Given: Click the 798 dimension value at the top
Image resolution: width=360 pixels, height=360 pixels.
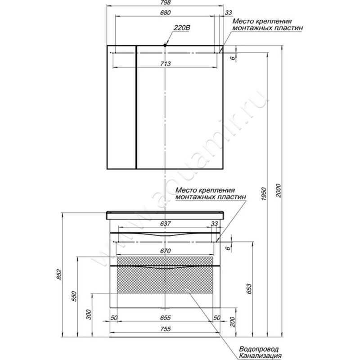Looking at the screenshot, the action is point(165,3).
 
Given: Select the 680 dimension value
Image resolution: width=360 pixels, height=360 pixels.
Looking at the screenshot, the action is point(165,13).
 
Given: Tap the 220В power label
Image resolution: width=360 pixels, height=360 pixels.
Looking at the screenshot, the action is point(182,28).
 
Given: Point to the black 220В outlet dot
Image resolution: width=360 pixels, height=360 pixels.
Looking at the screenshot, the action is point(165,45).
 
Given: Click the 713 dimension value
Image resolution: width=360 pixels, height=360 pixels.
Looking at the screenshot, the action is point(165,63).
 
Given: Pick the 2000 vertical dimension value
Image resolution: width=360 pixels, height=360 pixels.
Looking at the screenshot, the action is point(278,190).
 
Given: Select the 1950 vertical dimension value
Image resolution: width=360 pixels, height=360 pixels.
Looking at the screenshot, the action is point(264,194).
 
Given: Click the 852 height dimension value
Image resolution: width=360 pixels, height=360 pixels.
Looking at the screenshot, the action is point(59,274).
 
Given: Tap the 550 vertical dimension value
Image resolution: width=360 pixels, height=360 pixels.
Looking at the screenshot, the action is point(73,296).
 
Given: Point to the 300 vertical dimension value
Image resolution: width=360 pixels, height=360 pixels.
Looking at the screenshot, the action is point(89,315).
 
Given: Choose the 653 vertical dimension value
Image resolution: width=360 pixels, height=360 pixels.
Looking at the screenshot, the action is point(249,289).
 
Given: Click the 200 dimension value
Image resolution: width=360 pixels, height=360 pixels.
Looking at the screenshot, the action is point(233,321).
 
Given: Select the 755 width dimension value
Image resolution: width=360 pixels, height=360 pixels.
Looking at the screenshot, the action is point(165,329).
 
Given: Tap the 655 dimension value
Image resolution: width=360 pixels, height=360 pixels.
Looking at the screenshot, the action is point(165,318).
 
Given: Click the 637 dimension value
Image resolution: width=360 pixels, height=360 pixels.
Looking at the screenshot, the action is point(165,223).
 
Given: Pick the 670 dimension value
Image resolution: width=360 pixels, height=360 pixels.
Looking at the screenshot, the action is point(165,251).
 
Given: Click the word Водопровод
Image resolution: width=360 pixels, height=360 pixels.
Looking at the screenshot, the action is point(259,349).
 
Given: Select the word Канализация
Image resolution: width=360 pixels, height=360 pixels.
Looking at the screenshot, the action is point(260,356).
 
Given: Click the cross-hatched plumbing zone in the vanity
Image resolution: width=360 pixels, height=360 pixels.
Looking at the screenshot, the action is point(165,275).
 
